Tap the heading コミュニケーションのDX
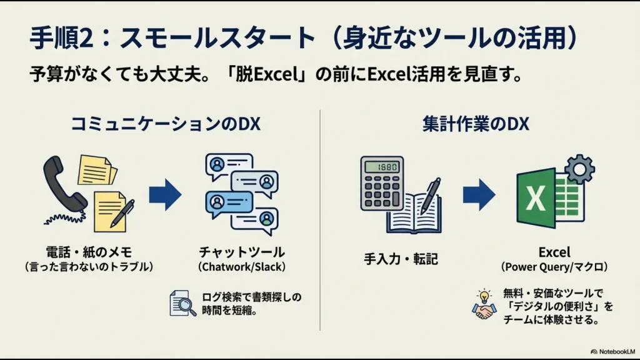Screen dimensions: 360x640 point(165,124)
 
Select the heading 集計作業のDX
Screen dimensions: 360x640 point(475,124)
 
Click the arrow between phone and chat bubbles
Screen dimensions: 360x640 point(165,195)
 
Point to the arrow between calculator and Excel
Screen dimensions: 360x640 point(479,195)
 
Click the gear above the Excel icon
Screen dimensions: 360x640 point(579,169)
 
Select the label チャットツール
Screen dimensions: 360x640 point(241,252)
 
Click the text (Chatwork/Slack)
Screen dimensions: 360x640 point(241,267)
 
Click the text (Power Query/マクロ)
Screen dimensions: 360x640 point(554,267)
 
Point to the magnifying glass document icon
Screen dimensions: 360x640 point(183,303)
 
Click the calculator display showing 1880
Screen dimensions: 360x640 point(382,167)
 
